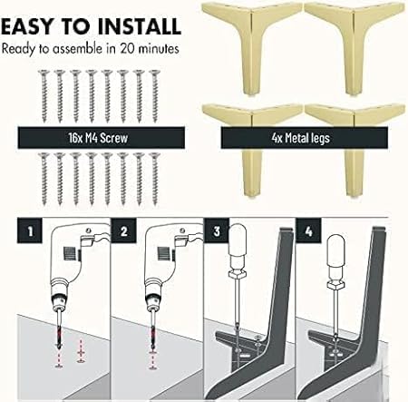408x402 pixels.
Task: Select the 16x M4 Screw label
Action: (99, 138)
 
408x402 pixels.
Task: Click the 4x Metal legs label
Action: (300, 138)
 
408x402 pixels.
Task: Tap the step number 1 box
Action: (30, 230)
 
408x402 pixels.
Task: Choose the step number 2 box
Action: (123, 230)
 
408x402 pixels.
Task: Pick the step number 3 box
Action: (217, 230)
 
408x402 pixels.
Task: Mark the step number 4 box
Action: (308, 231)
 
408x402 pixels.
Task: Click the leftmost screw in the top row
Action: (44, 96)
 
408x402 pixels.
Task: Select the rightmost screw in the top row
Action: (155, 96)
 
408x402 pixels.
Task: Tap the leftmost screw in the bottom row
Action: (44, 179)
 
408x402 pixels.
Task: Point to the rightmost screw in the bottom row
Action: (155, 179)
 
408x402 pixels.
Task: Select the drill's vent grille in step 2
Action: (164, 253)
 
